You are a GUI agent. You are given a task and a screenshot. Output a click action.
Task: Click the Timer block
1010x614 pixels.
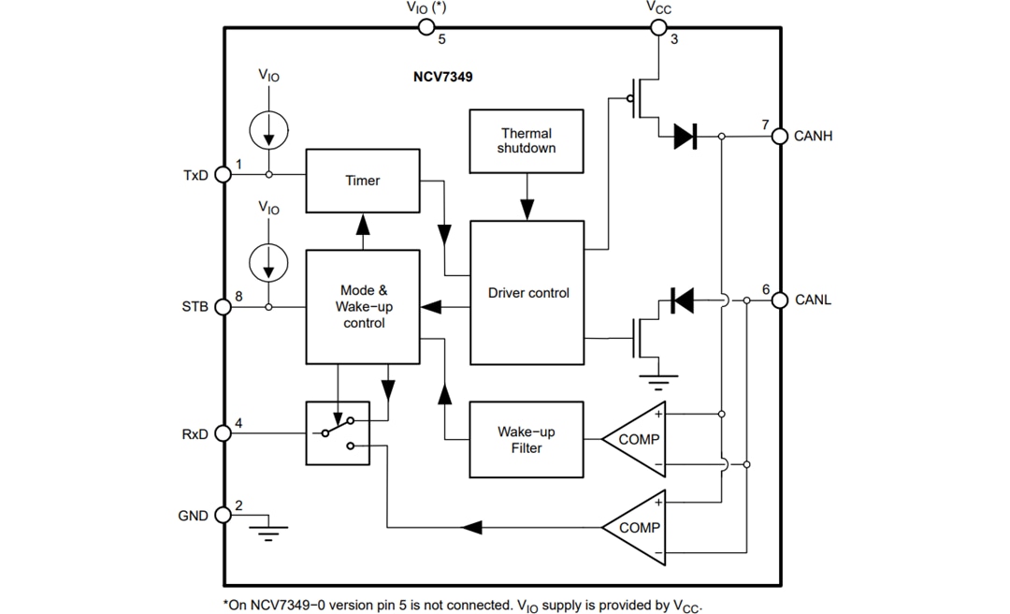pyautogui.click(x=362, y=180)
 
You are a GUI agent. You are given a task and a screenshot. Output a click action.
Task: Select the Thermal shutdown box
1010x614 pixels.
pyautogui.click(x=526, y=141)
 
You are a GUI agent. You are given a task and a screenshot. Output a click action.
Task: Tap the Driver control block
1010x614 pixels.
pyautogui.click(x=527, y=293)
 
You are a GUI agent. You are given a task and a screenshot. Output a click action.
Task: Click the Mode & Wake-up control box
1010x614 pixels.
pyautogui.click(x=362, y=306)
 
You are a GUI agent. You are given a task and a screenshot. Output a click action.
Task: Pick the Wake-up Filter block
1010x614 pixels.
pyautogui.click(x=526, y=440)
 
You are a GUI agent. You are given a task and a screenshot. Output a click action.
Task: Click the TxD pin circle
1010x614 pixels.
pyautogui.click(x=223, y=174)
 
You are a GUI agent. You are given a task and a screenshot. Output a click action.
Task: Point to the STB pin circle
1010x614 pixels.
pyautogui.click(x=223, y=307)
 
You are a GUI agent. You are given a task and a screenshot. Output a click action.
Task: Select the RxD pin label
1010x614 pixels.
pyautogui.click(x=195, y=434)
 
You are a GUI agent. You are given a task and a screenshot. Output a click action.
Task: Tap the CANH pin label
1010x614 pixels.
pyautogui.click(x=813, y=137)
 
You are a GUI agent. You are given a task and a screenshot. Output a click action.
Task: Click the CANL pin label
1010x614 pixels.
pyautogui.click(x=813, y=300)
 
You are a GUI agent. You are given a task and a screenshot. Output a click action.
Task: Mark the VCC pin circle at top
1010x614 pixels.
pyautogui.click(x=658, y=27)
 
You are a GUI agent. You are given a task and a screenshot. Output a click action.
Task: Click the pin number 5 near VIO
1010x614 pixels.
pyautogui.click(x=441, y=40)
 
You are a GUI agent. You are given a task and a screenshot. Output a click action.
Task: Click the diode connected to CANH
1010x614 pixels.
pyautogui.click(x=685, y=137)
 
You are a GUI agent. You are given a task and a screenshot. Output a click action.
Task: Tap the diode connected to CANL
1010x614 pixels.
pyautogui.click(x=682, y=300)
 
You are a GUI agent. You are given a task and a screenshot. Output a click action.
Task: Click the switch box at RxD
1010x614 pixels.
pyautogui.click(x=338, y=433)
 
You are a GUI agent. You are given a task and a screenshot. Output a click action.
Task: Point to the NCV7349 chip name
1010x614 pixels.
pyautogui.click(x=443, y=77)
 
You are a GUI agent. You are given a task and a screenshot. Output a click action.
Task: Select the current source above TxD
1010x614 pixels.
pyautogui.click(x=269, y=128)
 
